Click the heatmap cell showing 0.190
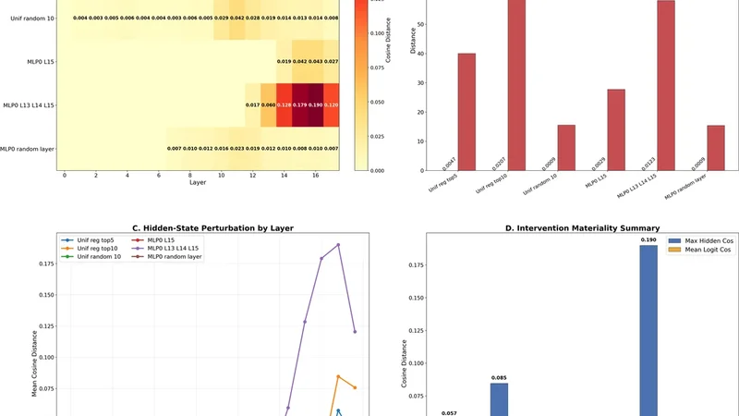click(317, 105)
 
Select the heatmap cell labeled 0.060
click(269, 105)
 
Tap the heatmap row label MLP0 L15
click(38, 62)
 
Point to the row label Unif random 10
click(30, 18)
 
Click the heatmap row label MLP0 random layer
click(28, 149)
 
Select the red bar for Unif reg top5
click(466, 112)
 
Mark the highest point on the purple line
click(338, 245)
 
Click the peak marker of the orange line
click(338, 376)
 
